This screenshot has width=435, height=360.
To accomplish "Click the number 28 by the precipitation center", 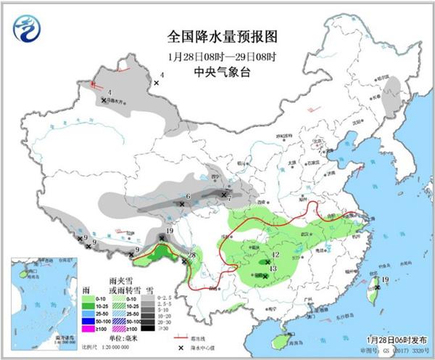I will tap(193, 254).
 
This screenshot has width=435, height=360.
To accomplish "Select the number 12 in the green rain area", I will tap(275, 255).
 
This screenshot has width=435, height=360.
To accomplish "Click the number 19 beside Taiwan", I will tap(386, 279).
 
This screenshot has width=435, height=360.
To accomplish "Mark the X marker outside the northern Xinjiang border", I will tap(155, 85).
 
